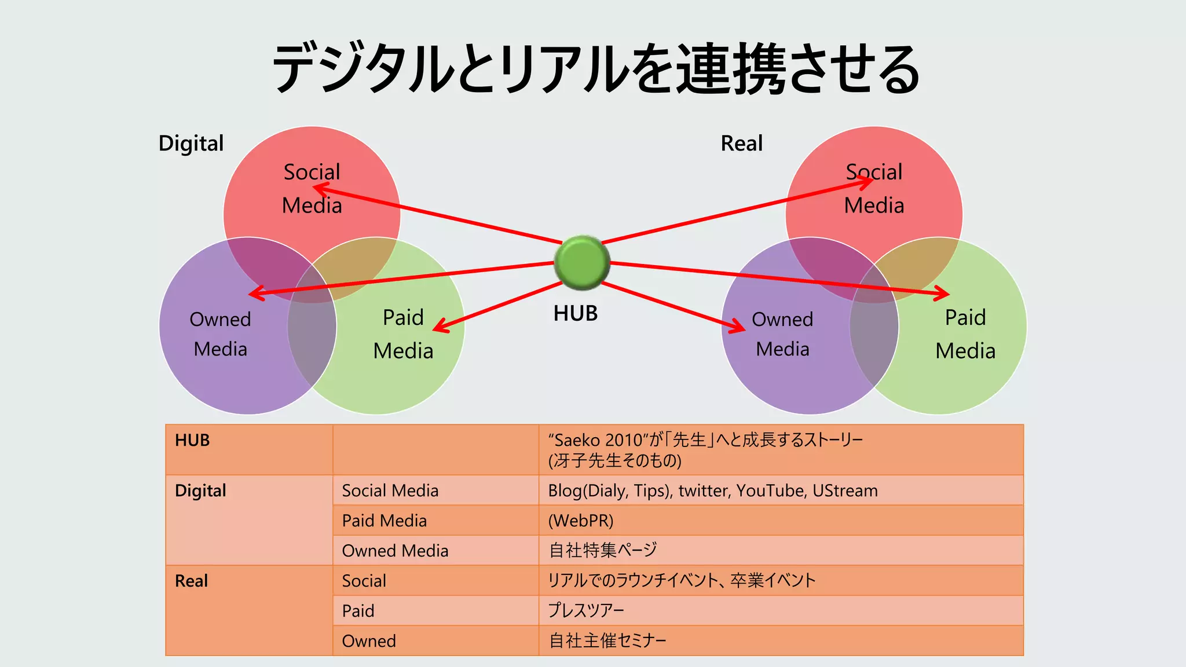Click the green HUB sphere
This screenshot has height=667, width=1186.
(x=581, y=262)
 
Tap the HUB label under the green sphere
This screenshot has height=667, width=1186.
(x=575, y=313)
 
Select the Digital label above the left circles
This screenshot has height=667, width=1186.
(x=191, y=143)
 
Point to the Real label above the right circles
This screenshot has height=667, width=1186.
(x=741, y=143)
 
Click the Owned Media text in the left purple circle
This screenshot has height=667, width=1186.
(x=220, y=334)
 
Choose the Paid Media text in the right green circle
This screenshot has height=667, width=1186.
(x=965, y=334)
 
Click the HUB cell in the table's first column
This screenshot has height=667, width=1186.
(x=192, y=441)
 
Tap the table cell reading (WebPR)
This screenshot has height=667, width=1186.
(x=580, y=521)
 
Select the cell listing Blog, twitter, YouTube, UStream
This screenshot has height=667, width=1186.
(x=712, y=490)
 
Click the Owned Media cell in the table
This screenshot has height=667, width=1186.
(x=395, y=551)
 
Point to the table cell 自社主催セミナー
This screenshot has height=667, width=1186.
(x=607, y=640)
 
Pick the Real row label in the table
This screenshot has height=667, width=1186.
(x=191, y=581)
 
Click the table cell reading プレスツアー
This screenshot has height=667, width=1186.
(x=585, y=610)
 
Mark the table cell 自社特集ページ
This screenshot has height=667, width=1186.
(x=602, y=550)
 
